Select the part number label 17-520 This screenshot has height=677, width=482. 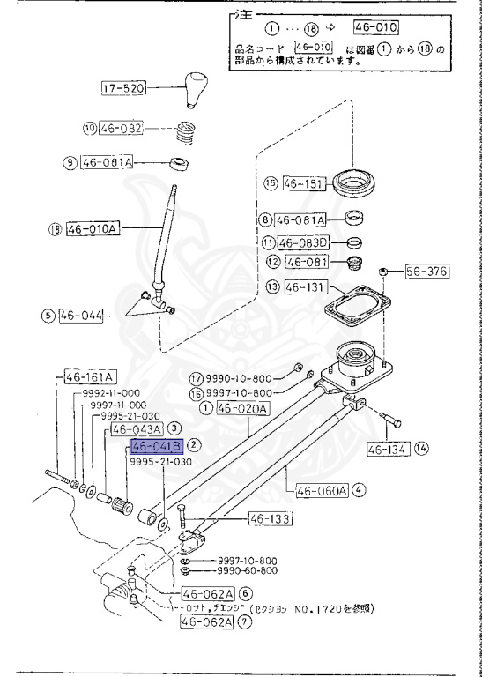click(x=122, y=87)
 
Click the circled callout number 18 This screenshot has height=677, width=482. click(x=55, y=229)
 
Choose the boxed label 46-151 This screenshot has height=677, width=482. click(x=304, y=184)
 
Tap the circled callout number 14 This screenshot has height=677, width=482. click(x=422, y=449)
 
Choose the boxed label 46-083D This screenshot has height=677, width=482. click(x=303, y=242)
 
